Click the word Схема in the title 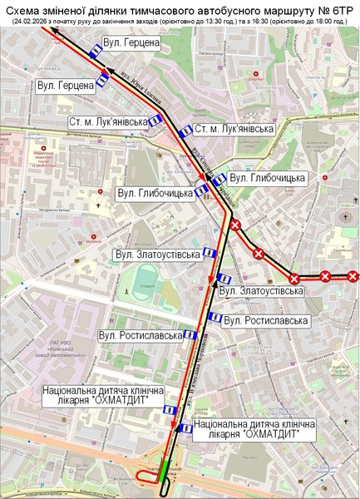[27, 8]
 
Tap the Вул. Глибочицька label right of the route [267, 178]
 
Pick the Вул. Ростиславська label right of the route [266, 320]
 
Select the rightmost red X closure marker [353, 276]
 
